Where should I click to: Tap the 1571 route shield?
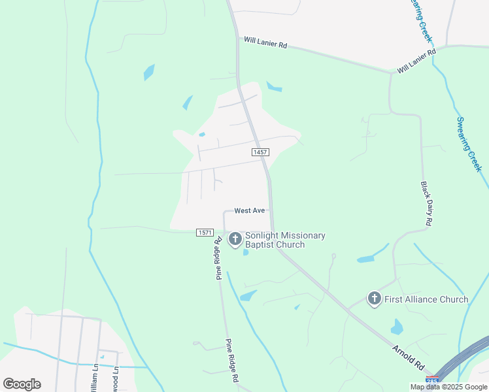[205, 233]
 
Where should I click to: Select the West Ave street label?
[249, 210]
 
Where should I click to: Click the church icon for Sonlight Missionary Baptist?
[235, 240]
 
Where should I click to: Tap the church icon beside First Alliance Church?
[374, 299]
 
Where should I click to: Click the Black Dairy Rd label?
[425, 204]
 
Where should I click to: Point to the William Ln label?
[94, 377]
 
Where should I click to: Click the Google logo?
[22, 384]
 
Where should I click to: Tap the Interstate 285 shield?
[431, 380]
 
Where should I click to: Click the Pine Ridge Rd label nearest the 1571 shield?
[218, 259]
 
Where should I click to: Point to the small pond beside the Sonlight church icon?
[245, 252]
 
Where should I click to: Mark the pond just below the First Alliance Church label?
[396, 326]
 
